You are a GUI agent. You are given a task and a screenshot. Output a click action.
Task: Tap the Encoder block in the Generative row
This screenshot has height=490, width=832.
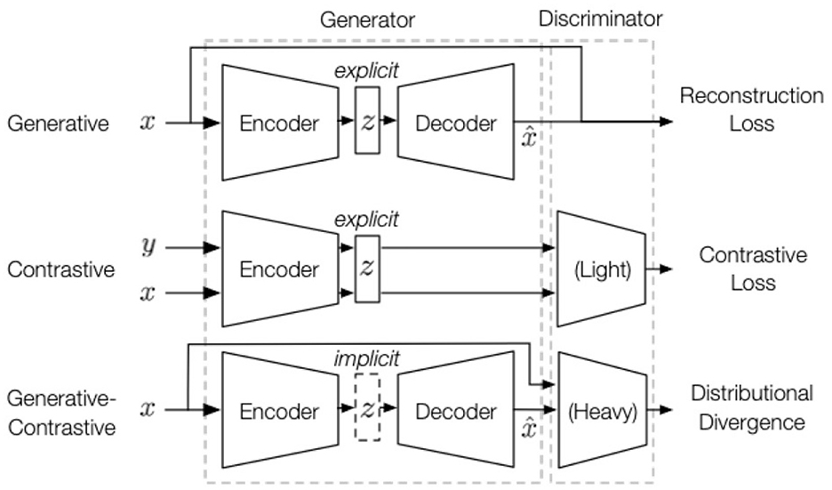278,123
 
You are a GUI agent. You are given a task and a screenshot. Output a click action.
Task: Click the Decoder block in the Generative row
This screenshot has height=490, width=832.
456,123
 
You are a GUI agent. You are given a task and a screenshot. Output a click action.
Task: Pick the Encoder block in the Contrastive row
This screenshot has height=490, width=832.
278,269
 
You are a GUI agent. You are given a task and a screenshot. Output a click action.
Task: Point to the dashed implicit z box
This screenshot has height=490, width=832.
367,411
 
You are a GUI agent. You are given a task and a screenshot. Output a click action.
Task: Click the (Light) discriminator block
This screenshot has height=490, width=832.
601,269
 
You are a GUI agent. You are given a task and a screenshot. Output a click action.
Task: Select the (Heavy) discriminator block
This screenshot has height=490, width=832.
601,412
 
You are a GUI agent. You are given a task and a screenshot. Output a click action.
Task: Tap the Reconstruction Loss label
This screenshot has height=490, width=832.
751,108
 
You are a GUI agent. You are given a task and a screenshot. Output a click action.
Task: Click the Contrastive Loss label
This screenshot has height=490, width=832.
752,269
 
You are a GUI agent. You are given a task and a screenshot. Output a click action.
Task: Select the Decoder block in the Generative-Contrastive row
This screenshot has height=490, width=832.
456,411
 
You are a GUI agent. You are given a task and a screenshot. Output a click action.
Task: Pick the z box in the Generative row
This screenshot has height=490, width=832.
367,122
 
